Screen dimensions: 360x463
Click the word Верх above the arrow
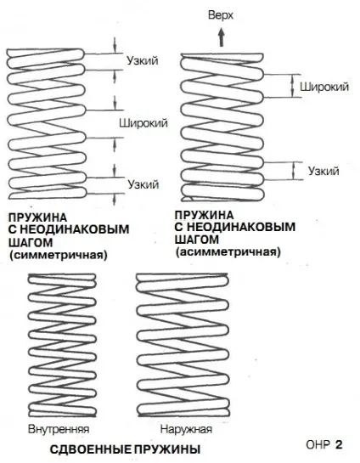pos(221,15)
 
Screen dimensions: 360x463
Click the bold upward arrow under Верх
pos(222,37)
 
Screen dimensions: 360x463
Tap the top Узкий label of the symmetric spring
pos(143,60)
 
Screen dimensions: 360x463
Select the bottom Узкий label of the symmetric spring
pos(143,184)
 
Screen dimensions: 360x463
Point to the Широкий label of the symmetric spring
pos(143,122)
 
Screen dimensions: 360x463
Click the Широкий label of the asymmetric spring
pos(324,87)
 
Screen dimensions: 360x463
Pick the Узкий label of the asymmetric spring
pos(323,171)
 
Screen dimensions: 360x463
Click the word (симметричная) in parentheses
pos(58,255)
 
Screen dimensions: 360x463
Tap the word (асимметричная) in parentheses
pos(228,252)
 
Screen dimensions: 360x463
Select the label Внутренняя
pos(59,429)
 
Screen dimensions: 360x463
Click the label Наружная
pos(186,429)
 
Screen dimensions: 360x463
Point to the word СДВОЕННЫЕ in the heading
pos(91,449)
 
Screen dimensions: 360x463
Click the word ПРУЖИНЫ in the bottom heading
pos(167,449)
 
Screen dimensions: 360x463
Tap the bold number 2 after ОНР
pos(339,444)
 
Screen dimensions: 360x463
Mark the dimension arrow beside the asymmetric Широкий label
pos(292,86)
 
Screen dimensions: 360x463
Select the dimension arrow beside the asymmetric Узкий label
pos(294,171)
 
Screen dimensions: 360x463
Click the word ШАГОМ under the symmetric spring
pos(31,242)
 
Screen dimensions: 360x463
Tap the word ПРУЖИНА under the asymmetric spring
pos(204,215)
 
